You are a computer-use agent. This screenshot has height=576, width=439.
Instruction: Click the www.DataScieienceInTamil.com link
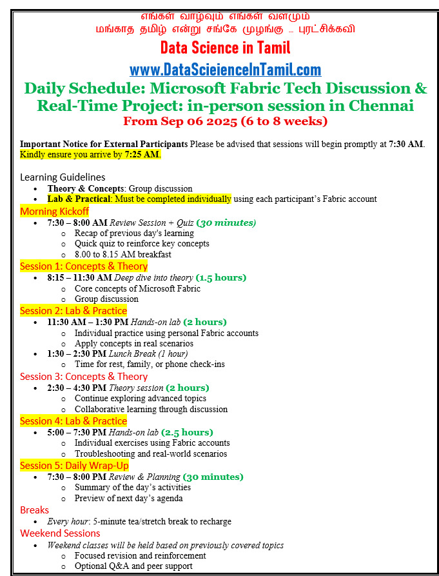click(x=225, y=70)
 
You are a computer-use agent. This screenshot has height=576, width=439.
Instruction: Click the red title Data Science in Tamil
click(x=225, y=48)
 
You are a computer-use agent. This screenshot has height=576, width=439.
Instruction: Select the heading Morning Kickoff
click(x=55, y=211)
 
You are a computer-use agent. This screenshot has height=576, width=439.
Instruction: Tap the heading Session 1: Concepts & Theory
click(x=84, y=266)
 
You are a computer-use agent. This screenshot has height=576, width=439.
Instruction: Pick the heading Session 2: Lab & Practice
click(x=73, y=310)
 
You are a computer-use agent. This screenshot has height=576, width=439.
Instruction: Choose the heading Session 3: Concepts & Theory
click(x=84, y=376)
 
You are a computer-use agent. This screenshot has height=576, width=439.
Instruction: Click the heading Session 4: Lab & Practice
click(x=73, y=421)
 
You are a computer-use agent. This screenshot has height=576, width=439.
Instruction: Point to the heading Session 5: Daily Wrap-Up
click(x=74, y=465)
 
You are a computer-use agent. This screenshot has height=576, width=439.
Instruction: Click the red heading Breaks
click(x=34, y=510)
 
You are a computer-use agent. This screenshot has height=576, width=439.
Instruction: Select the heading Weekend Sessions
click(x=60, y=533)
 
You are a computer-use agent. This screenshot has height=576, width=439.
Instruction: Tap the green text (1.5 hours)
click(x=220, y=277)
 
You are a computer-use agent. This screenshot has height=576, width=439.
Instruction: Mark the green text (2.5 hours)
click(x=187, y=432)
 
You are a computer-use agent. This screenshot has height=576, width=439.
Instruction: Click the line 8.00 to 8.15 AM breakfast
click(x=123, y=254)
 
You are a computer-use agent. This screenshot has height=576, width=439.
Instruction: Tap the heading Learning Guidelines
click(x=63, y=177)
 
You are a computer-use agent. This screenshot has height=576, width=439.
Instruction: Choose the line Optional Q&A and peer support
click(x=133, y=566)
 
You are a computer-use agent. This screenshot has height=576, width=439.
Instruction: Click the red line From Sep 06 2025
click(x=225, y=121)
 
